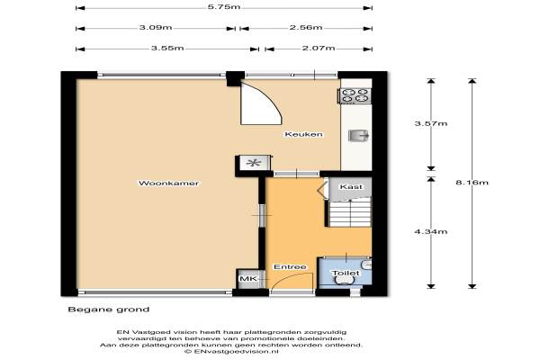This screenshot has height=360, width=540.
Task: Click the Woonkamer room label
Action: [x=168, y=183]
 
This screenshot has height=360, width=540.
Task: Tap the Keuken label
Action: [x=304, y=134]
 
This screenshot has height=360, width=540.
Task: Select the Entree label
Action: [x=290, y=267]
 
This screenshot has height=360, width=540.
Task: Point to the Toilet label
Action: [x=346, y=274]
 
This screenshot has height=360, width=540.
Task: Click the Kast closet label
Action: [x=351, y=186]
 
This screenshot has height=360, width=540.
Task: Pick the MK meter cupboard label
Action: [x=248, y=278]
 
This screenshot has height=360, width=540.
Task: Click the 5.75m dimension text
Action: [x=224, y=7]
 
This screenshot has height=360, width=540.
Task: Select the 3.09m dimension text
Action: [x=156, y=27]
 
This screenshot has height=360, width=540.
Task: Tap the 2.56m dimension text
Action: [x=306, y=27]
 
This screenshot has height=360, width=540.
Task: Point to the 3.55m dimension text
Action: [x=167, y=48]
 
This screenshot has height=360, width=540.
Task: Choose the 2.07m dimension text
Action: [x=319, y=48]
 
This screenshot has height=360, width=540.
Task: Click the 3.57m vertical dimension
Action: [x=431, y=123]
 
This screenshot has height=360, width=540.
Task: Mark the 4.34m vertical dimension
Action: [x=431, y=231]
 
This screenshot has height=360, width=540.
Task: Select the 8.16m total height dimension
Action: [x=472, y=182]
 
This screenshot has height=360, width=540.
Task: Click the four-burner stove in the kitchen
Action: [x=355, y=95]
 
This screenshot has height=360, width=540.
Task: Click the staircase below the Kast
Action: [x=349, y=213]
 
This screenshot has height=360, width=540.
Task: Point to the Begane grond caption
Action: [x=109, y=310]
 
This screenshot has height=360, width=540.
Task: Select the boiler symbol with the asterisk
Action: [x=254, y=163]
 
